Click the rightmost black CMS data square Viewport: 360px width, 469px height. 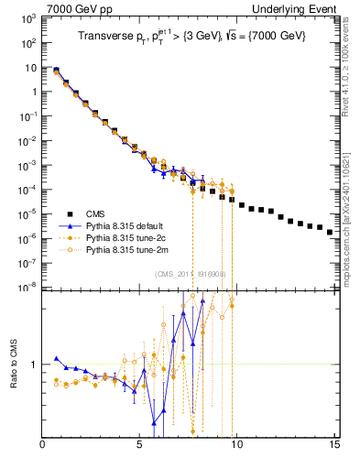click(x=330, y=232)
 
